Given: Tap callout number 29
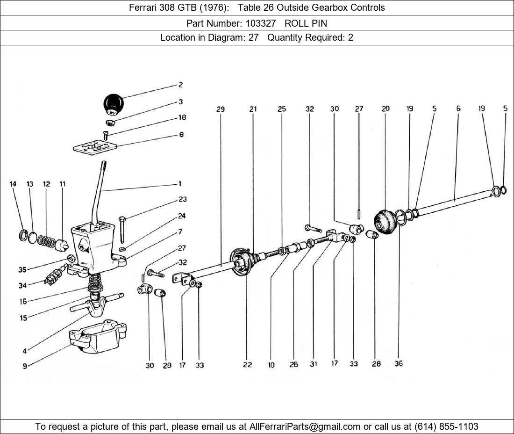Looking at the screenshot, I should (x=221, y=109).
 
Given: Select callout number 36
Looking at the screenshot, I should (x=399, y=363).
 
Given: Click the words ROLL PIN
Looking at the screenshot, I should (x=306, y=23).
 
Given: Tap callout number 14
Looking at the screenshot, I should (x=13, y=184).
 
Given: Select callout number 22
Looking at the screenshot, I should (x=247, y=364).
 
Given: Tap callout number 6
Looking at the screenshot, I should (x=458, y=109).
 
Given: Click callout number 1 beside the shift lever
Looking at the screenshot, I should (x=179, y=184).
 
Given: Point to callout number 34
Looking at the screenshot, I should (x=22, y=285).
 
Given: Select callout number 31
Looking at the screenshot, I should (x=313, y=364).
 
